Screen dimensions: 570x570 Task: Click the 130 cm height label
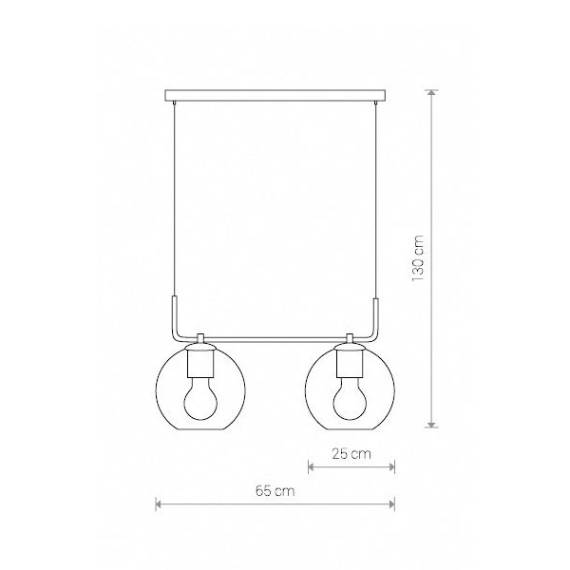[418, 258]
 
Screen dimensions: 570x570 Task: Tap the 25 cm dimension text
[351, 454]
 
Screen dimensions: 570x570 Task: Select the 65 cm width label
[275, 491]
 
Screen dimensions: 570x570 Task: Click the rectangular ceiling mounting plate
[275, 95]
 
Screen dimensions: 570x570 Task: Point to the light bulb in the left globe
[200, 398]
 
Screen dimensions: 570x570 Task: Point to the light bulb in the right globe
[350, 398]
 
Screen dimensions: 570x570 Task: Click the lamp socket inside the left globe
[200, 364]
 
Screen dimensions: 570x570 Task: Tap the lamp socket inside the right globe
[350, 364]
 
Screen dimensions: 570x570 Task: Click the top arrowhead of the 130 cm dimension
[431, 93]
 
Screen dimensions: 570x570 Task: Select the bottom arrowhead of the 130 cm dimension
[431, 425]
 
